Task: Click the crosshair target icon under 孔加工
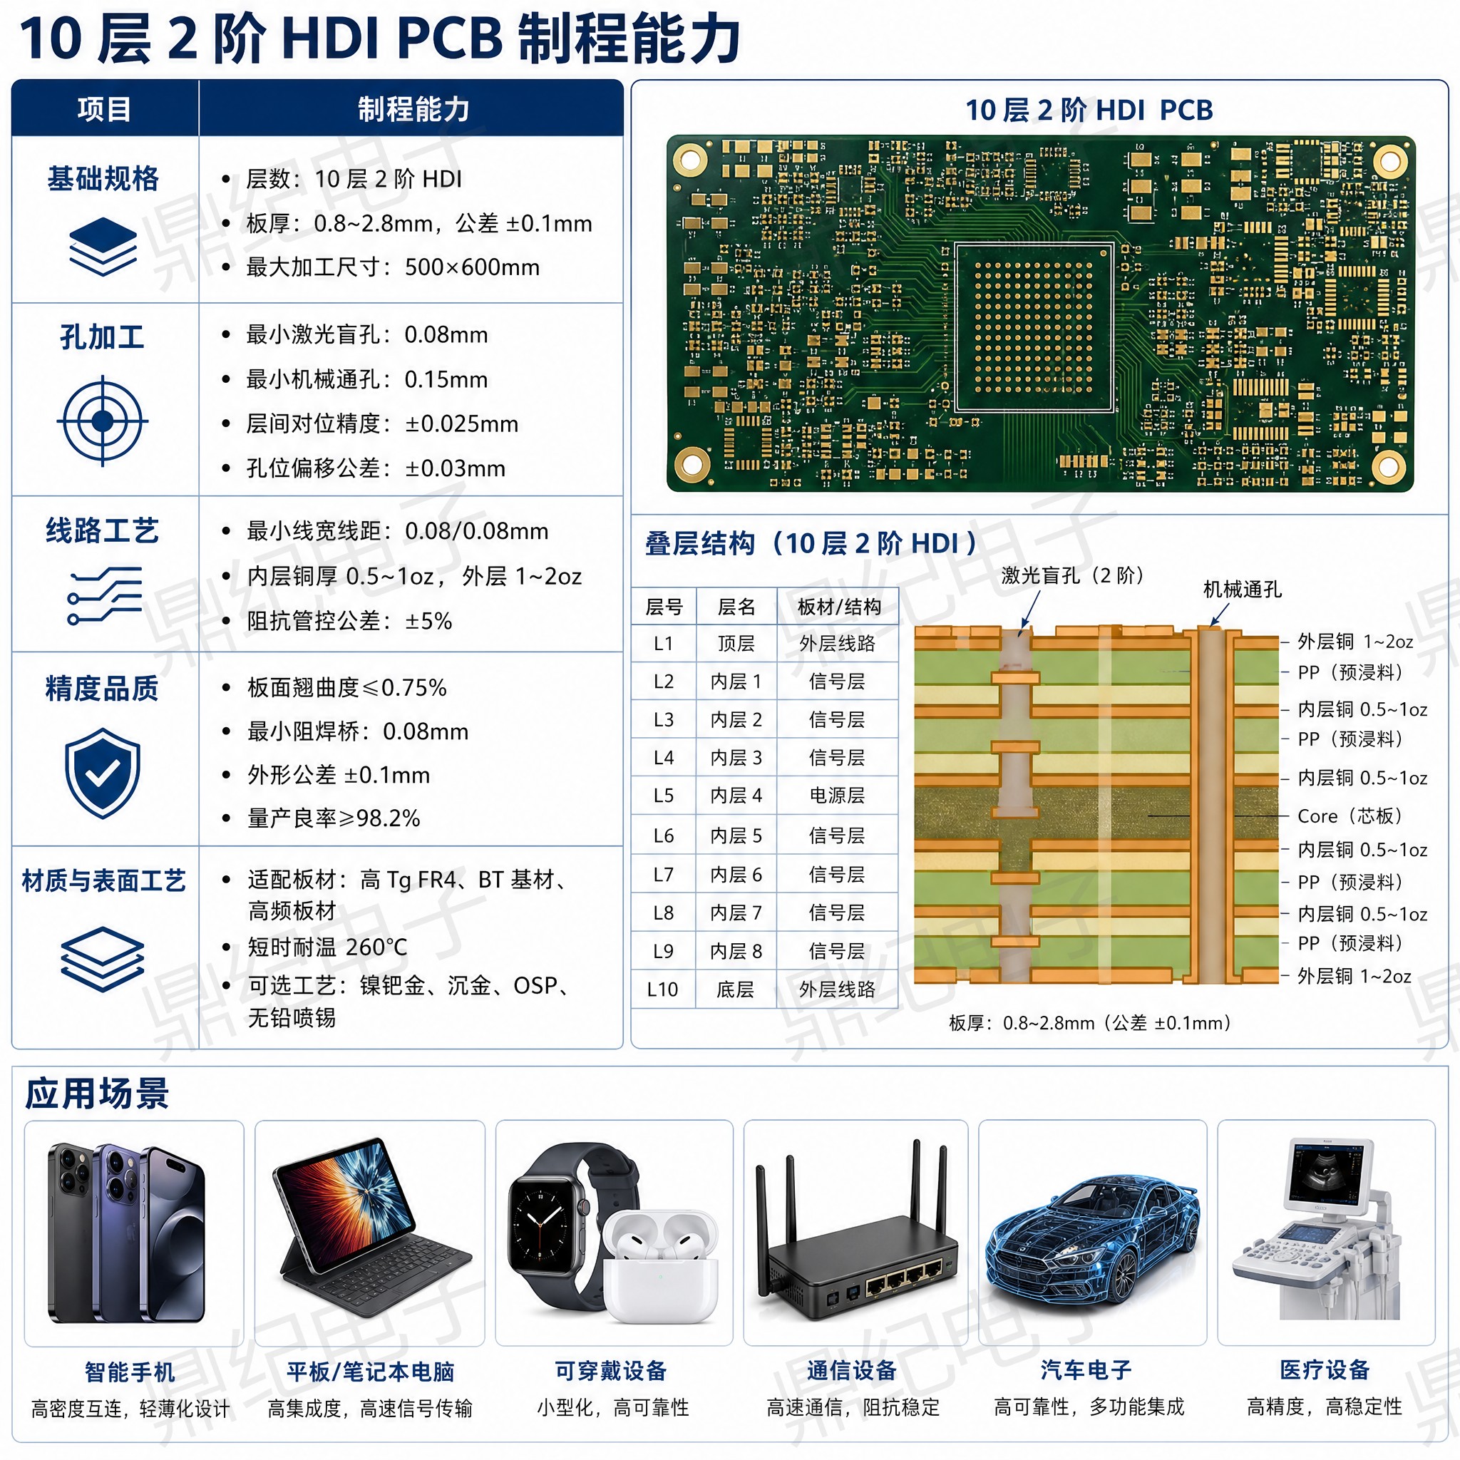point(102,421)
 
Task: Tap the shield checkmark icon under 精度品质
point(103,773)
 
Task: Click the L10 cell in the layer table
point(663,989)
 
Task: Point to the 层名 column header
point(736,607)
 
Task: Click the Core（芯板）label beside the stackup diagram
point(1350,816)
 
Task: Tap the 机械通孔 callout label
point(1243,590)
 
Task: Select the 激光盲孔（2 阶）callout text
point(1072,576)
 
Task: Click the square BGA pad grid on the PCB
point(1034,327)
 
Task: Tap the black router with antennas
point(855,1238)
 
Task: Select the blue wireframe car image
point(1091,1239)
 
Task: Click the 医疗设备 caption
point(1325,1369)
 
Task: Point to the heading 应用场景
point(97,1094)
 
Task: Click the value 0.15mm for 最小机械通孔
point(446,379)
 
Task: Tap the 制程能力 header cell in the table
point(413,110)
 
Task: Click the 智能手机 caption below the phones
point(130,1372)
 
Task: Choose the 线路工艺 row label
point(103,530)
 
